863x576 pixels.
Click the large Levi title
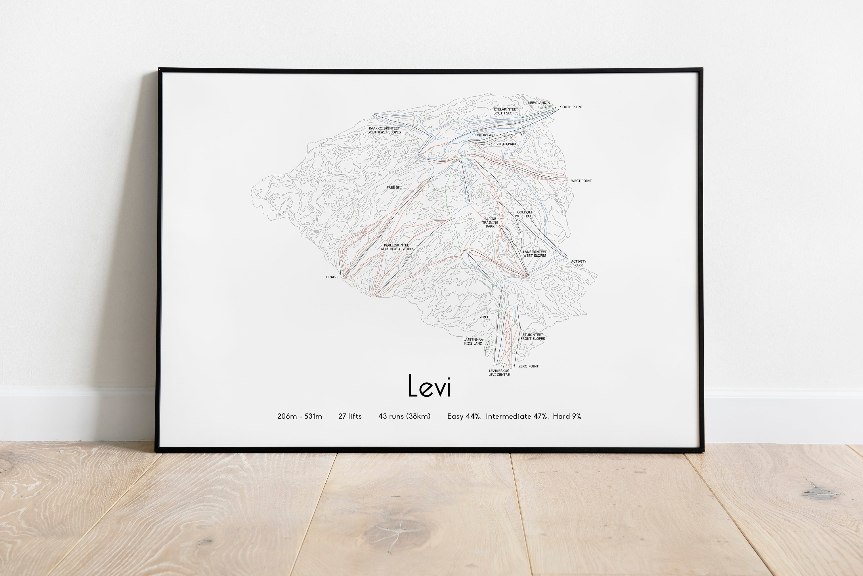pyautogui.click(x=429, y=386)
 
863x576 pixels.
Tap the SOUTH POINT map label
pyautogui.click(x=571, y=107)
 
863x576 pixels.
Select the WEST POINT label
pyautogui.click(x=581, y=181)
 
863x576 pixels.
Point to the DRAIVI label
pyautogui.click(x=332, y=277)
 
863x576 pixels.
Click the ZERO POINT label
pyautogui.click(x=528, y=367)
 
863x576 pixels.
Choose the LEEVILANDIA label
pyautogui.click(x=539, y=103)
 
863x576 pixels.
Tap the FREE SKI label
pyautogui.click(x=394, y=188)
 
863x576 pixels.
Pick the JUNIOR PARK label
pyautogui.click(x=484, y=135)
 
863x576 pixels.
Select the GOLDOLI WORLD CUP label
pyautogui.click(x=524, y=214)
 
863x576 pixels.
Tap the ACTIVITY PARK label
pyautogui.click(x=578, y=263)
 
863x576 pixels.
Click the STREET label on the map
pyautogui.click(x=484, y=317)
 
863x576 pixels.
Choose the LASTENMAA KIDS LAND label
pyautogui.click(x=473, y=342)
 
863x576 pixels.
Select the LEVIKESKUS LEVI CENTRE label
pyautogui.click(x=499, y=373)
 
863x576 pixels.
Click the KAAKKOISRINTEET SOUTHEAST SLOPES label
pyautogui.click(x=384, y=130)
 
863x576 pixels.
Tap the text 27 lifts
pyautogui.click(x=350, y=417)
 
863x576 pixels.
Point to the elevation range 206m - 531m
pyautogui.click(x=300, y=417)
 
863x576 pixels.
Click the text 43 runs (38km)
pyautogui.click(x=404, y=417)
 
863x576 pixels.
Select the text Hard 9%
pyautogui.click(x=567, y=417)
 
